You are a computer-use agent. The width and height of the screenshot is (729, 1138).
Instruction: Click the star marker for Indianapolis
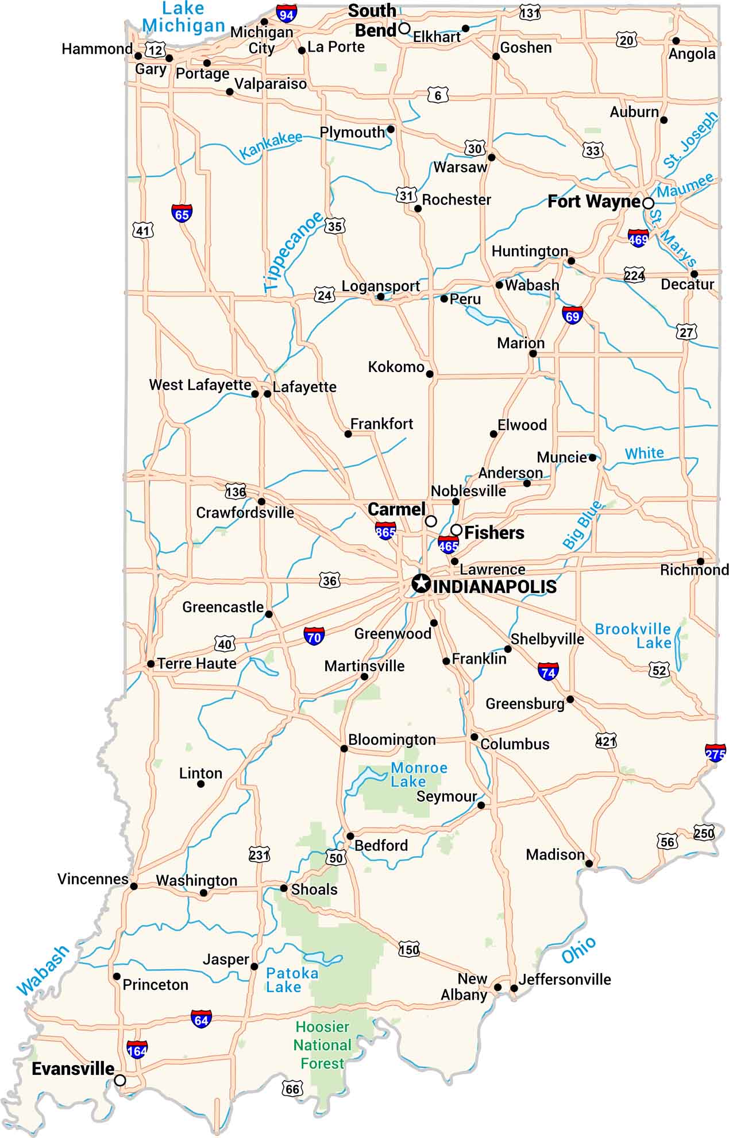[421, 583]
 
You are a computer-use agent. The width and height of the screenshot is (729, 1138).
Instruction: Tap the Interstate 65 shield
[182, 214]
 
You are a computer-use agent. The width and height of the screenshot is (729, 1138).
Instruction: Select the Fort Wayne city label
[593, 202]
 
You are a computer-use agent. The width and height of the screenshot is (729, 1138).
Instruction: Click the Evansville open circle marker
[119, 1080]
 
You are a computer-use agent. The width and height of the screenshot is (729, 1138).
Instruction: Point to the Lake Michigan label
[184, 17]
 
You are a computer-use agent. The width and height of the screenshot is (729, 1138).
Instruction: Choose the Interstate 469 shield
[638, 238]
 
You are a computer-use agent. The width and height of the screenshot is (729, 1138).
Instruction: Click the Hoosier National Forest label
[322, 1045]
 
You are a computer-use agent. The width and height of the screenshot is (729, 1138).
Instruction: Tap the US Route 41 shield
[142, 231]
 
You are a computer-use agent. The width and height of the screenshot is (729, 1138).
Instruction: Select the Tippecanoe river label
[292, 251]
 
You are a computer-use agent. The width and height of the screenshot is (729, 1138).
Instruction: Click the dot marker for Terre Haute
[151, 664]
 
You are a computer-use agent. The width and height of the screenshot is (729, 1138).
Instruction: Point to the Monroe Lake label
[418, 775]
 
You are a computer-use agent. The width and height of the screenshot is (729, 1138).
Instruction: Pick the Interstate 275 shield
[715, 753]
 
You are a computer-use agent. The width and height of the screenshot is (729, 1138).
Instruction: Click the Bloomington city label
[392, 740]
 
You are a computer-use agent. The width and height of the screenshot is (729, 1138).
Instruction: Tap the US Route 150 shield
[409, 949]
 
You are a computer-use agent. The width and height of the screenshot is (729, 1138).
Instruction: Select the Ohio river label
[578, 950]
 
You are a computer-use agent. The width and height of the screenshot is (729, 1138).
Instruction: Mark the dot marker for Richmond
[700, 561]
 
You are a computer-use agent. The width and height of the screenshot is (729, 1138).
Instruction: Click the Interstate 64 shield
[201, 1019]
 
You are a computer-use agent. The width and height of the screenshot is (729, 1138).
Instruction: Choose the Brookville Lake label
[632, 636]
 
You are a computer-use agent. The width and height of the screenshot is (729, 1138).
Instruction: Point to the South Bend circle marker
[404, 28]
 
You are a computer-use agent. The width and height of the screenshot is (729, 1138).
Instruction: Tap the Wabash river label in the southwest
[43, 970]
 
